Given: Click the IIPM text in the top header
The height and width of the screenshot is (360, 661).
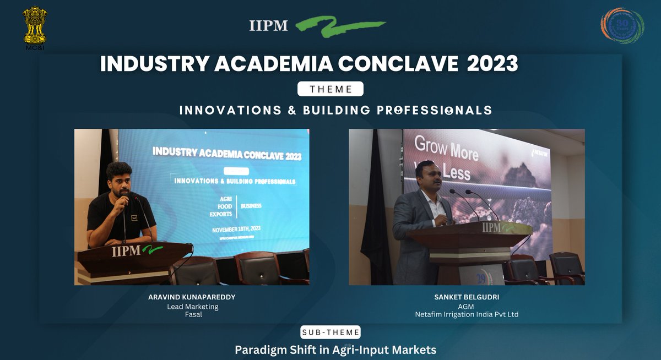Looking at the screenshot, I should coord(268,26).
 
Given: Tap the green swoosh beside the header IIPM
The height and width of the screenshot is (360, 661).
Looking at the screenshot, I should coord(339,26).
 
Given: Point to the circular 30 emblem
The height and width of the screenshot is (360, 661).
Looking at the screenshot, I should coord(622,26).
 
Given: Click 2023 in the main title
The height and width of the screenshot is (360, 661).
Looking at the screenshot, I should coord(492,64).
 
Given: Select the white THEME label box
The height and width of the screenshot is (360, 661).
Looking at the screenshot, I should coord(330,89).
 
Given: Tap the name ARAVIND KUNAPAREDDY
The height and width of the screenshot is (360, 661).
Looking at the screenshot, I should coord(192,297).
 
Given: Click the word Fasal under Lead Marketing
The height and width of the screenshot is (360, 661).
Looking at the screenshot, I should coord(192,315).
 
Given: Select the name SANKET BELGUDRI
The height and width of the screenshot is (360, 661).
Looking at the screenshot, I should coord(467,297).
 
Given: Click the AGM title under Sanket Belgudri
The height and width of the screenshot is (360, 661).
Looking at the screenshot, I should coord(467,306).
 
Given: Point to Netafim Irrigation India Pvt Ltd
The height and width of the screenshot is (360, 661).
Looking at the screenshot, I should coord(467,315).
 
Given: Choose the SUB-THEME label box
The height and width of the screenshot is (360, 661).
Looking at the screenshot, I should coord(330,332).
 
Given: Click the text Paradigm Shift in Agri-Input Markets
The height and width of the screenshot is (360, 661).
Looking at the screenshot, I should coord(335,350).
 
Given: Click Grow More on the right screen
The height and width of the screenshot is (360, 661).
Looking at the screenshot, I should coord(446,149).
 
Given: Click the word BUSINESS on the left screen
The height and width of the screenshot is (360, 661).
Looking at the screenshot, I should coord(251,206).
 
